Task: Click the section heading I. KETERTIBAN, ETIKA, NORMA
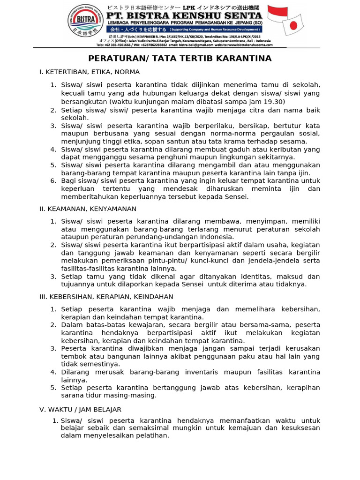coord(90,72)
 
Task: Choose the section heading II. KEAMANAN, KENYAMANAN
coord(88,209)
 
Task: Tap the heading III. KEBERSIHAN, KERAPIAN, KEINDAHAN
coord(106,297)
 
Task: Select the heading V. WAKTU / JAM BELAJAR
coord(80,409)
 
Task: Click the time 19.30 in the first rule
coord(273,101)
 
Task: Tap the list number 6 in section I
coord(53,181)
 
